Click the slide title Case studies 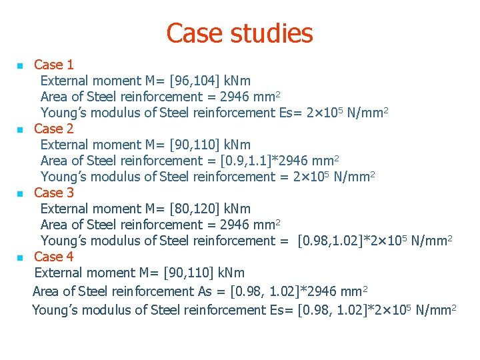(x=239, y=33)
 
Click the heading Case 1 (x=54, y=65)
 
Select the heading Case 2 (x=54, y=129)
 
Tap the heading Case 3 (x=54, y=193)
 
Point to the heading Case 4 (x=54, y=257)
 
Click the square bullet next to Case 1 (x=20, y=66)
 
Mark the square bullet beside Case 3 (x=20, y=194)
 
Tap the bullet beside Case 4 (x=20, y=258)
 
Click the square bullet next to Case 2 (x=20, y=130)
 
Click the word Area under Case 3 (x=53, y=225)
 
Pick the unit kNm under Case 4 (x=231, y=273)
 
